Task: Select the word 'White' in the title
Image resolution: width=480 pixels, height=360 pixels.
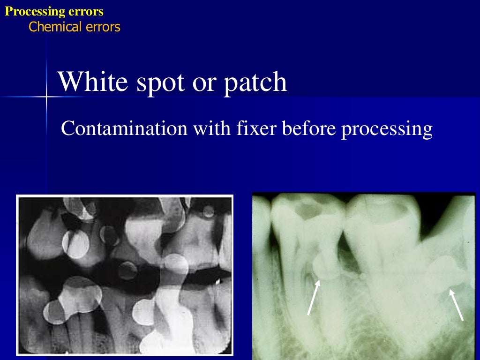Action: (x=93, y=82)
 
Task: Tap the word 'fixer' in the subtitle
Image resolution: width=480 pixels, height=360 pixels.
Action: (x=254, y=128)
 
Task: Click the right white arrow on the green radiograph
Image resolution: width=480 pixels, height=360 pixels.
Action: (x=457, y=305)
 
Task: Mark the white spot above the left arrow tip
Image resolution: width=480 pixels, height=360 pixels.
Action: (x=323, y=267)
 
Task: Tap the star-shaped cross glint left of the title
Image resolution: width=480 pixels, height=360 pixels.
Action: (x=47, y=97)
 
